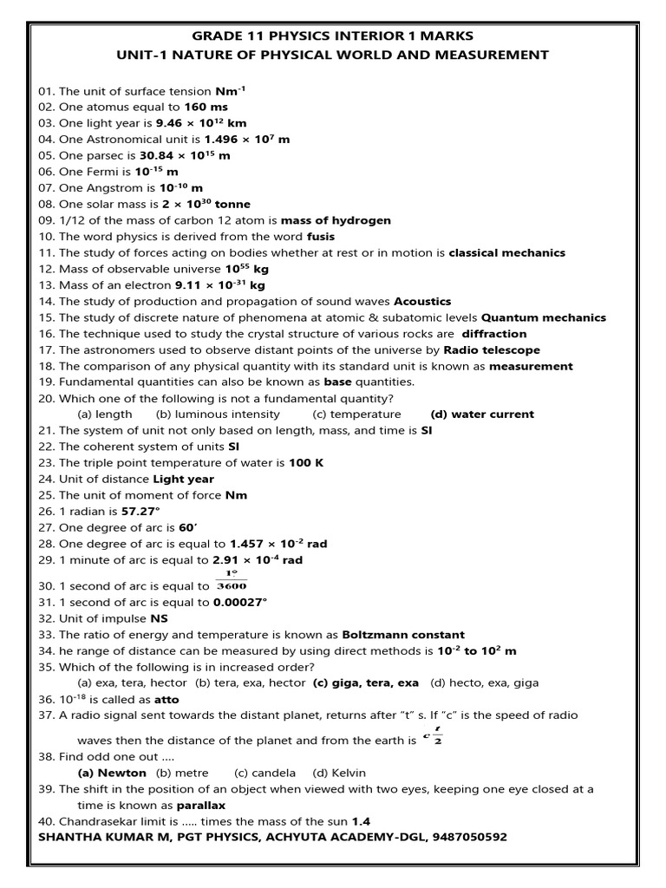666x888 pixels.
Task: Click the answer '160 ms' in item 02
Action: tap(206, 107)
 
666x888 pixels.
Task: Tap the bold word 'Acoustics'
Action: tap(422, 301)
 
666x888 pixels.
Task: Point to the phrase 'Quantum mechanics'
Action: tap(544, 317)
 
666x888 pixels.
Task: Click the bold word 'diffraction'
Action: tap(493, 334)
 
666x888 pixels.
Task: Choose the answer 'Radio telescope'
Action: tap(492, 349)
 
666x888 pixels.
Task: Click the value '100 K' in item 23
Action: tap(306, 462)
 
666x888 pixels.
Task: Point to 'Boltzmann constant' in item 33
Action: tap(403, 634)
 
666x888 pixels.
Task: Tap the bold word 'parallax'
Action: tap(201, 805)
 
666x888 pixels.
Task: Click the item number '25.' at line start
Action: tap(47, 495)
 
